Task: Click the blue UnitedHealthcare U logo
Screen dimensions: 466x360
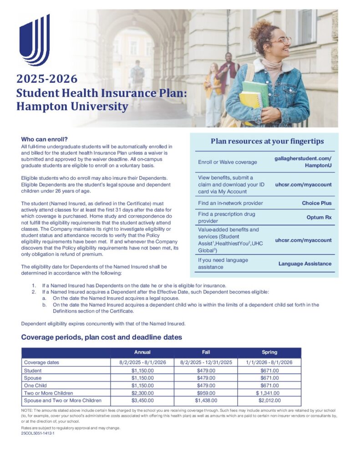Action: (x=34, y=40)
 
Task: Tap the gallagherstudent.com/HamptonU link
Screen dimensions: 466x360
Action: (x=303, y=162)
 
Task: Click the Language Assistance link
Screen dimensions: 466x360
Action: (x=305, y=263)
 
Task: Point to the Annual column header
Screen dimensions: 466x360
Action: (x=142, y=352)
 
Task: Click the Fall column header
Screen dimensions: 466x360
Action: (x=206, y=352)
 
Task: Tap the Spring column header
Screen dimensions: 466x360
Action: (x=269, y=352)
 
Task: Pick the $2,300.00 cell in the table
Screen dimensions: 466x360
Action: (x=142, y=393)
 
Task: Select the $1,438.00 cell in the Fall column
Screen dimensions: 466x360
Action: (x=206, y=400)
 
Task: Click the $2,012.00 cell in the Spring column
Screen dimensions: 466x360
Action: (x=269, y=400)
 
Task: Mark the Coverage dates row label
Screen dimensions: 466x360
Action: (x=41, y=363)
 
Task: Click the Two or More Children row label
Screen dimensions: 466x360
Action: (x=49, y=393)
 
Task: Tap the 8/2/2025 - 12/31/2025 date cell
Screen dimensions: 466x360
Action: (x=206, y=363)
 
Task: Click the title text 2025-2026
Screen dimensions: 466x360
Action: (x=47, y=79)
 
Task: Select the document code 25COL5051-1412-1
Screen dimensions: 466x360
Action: (x=41, y=434)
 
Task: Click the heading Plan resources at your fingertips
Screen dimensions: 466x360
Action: (x=267, y=141)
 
